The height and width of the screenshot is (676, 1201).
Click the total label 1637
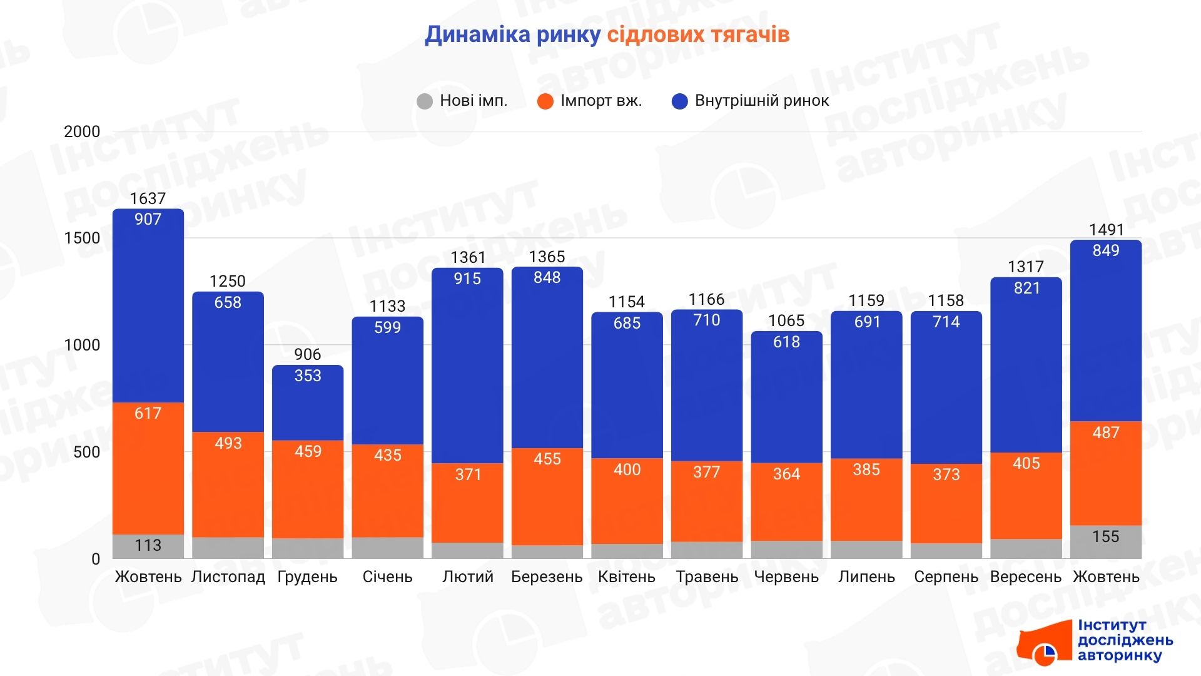click(148, 198)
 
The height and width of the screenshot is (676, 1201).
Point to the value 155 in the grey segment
click(1105, 536)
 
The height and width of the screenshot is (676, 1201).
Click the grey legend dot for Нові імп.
click(425, 101)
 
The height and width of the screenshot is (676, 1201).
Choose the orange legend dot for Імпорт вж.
click(545, 101)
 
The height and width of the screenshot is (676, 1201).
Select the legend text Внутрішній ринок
click(761, 101)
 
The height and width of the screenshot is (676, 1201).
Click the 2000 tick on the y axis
click(82, 131)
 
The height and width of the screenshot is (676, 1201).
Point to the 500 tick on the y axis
click(87, 452)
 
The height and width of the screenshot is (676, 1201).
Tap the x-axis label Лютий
click(467, 576)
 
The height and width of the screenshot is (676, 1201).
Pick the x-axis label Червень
click(786, 576)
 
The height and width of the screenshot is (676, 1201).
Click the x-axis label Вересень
click(1026, 576)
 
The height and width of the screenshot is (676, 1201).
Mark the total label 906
click(308, 354)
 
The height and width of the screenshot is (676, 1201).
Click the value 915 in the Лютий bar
click(467, 279)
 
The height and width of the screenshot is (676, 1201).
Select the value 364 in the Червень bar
click(786, 474)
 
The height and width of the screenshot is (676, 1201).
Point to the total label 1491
click(1106, 230)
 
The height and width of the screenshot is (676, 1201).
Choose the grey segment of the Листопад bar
click(228, 548)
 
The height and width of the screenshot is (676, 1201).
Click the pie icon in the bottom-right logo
click(1044, 654)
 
